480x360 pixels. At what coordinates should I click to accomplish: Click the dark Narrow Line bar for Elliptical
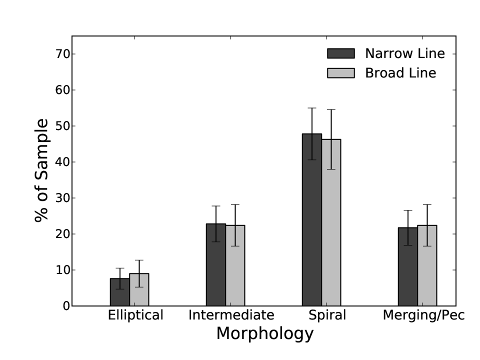pyautogui.click(x=119, y=292)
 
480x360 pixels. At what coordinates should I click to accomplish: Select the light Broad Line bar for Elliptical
pyautogui.click(x=139, y=289)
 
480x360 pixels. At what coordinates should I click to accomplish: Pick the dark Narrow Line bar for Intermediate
pyautogui.click(x=216, y=265)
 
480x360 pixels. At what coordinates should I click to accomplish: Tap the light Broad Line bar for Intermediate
pyautogui.click(x=235, y=265)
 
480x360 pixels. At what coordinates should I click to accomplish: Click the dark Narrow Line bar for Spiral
pyautogui.click(x=312, y=220)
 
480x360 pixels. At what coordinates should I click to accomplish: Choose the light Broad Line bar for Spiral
pyautogui.click(x=331, y=222)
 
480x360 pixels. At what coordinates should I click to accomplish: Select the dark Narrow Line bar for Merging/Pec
pyautogui.click(x=408, y=266)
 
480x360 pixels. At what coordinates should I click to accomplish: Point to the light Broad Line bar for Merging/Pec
pyautogui.click(x=427, y=265)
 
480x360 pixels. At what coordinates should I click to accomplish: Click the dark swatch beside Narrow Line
pyautogui.click(x=340, y=53)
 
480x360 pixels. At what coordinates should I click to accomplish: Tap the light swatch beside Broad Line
pyautogui.click(x=340, y=73)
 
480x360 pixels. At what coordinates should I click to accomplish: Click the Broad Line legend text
pyautogui.click(x=400, y=73)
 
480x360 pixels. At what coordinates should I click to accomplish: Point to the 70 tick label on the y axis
pyautogui.click(x=62, y=54)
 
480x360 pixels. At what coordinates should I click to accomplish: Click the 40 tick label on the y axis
pyautogui.click(x=62, y=162)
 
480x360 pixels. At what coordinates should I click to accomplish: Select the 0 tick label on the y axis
pyautogui.click(x=66, y=306)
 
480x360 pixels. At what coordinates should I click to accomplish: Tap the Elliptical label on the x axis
pyautogui.click(x=135, y=315)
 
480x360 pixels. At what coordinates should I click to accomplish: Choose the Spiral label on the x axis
pyautogui.click(x=327, y=315)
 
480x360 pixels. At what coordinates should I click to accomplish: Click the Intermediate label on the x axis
pyautogui.click(x=231, y=315)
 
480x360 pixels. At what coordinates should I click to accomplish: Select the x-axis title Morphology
pyautogui.click(x=265, y=333)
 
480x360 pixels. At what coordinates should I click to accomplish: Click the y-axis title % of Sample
pyautogui.click(x=41, y=170)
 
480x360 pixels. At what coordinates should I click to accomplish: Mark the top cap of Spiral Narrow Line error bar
pyautogui.click(x=312, y=108)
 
